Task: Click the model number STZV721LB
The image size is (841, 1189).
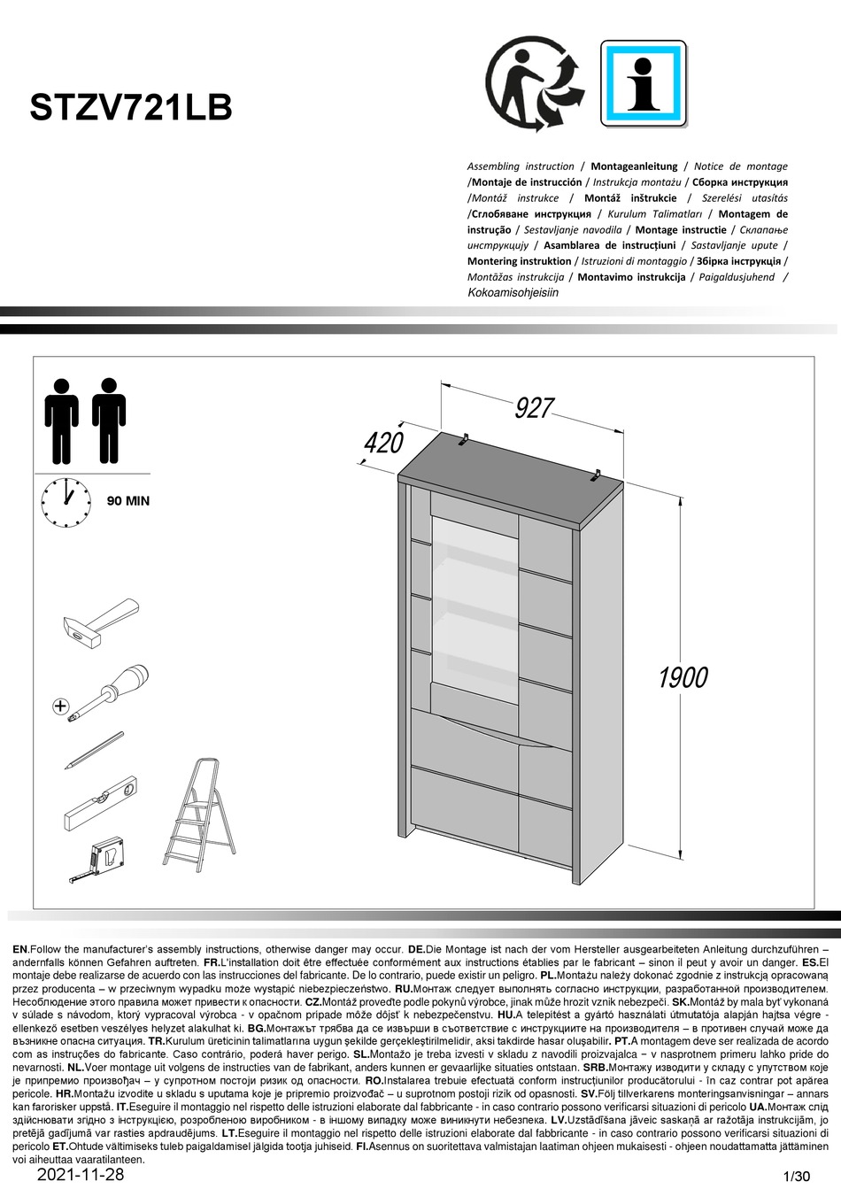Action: pyautogui.click(x=131, y=108)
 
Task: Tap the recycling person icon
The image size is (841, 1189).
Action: pyautogui.click(x=535, y=85)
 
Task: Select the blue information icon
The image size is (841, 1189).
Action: pyautogui.click(x=643, y=85)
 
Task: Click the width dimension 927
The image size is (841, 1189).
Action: pyautogui.click(x=535, y=408)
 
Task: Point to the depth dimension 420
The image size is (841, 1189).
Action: pyautogui.click(x=383, y=442)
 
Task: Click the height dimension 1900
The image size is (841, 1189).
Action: pyautogui.click(x=683, y=677)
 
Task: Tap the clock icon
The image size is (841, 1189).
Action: pyautogui.click(x=66, y=502)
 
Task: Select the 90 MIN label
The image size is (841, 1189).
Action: pyautogui.click(x=128, y=501)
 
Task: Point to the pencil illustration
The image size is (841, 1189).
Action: pyautogui.click(x=94, y=749)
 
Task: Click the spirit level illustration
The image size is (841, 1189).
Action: pyautogui.click(x=101, y=802)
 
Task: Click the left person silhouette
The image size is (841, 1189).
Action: pyautogui.click(x=61, y=421)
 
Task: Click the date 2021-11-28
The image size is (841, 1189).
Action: pyautogui.click(x=81, y=1175)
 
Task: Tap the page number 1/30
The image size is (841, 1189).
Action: pyautogui.click(x=797, y=1177)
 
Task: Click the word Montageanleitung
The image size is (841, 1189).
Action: pyautogui.click(x=634, y=166)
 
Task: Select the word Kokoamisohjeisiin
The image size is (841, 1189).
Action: pyautogui.click(x=513, y=293)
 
